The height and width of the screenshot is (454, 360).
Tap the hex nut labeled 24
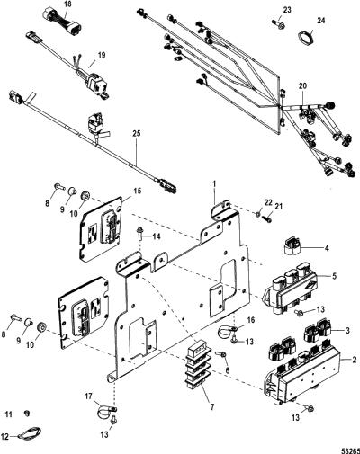pos(305,37)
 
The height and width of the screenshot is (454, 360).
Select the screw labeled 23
pos(279,24)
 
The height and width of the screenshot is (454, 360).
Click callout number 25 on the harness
pos(137,133)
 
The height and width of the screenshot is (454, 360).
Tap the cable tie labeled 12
pos(30,433)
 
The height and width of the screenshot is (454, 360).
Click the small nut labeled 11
pos(27,414)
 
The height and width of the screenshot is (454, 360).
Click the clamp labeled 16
pos(227,331)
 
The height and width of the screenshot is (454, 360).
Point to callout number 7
pos(212,407)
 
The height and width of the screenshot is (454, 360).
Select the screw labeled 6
pos(223,354)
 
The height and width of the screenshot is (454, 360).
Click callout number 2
pos(355,360)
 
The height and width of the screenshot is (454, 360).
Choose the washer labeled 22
pos(257,214)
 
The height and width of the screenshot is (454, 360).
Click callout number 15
pos(137,191)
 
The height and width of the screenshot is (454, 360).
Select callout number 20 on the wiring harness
pos(302,86)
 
